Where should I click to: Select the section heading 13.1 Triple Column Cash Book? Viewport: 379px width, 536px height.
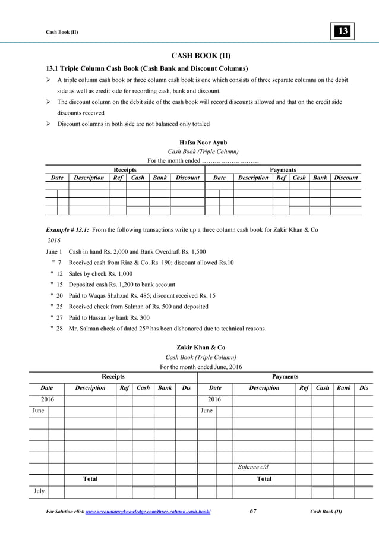pyautogui.click(x=143, y=67)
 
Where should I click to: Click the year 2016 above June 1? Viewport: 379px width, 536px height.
pyautogui.click(x=53, y=240)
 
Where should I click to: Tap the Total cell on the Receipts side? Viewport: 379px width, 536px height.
pyautogui.click(x=90, y=479)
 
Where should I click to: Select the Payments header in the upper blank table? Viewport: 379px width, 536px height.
pyautogui.click(x=283, y=169)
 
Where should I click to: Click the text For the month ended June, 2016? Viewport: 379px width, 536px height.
pyautogui.click(x=201, y=367)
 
